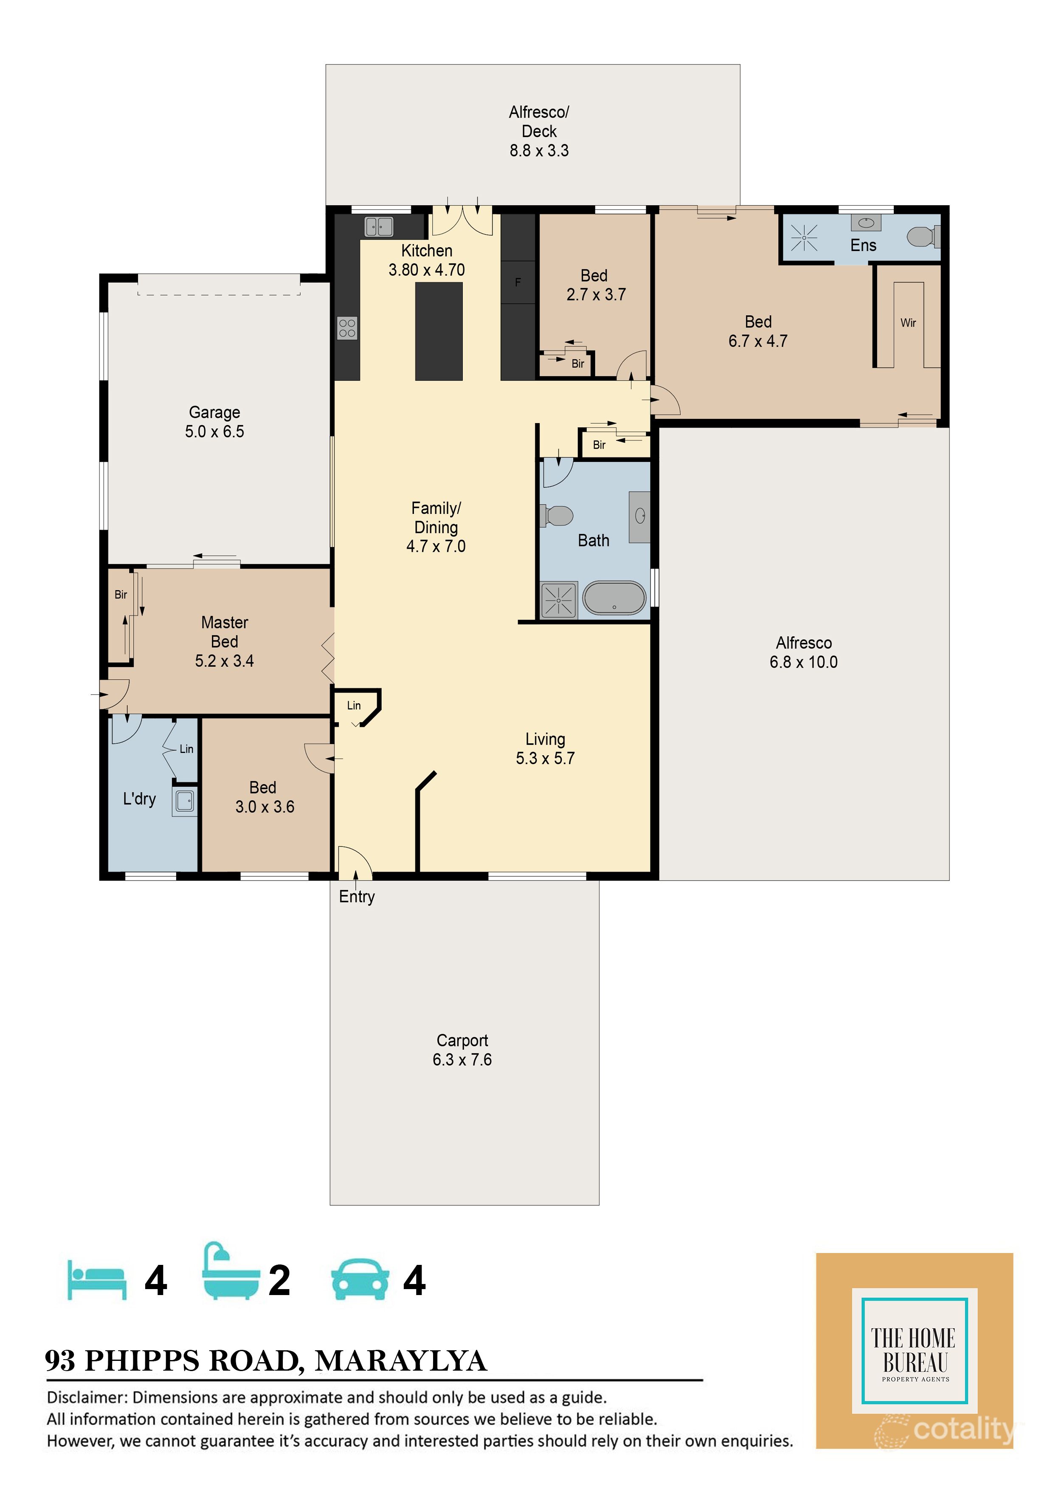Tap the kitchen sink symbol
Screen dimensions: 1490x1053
coord(379,226)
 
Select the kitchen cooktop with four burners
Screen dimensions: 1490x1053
coord(347,328)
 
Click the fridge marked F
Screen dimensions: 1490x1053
coord(518,282)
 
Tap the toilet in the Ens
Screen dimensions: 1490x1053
coord(921,236)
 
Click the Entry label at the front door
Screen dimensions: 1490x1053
coord(357,897)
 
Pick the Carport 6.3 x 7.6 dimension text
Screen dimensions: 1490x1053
coord(462,1060)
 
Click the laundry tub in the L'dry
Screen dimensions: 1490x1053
coord(185,801)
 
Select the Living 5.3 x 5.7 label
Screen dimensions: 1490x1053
coord(545,749)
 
